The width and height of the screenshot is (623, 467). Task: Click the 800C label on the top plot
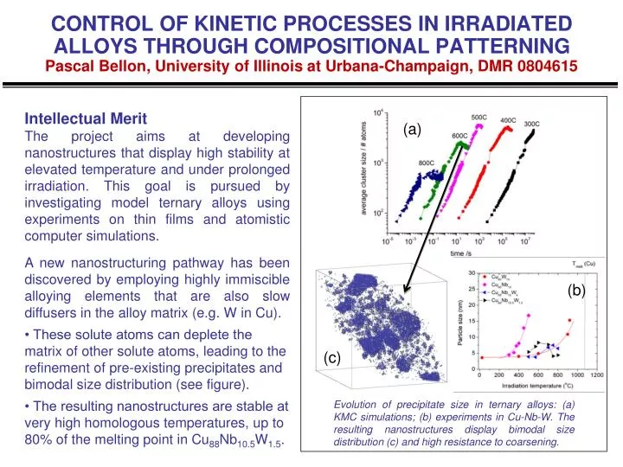click(427, 163)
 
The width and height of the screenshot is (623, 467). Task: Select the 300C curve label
click(533, 125)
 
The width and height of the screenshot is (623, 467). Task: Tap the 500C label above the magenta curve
click(479, 117)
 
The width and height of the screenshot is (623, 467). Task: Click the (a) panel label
click(412, 130)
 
